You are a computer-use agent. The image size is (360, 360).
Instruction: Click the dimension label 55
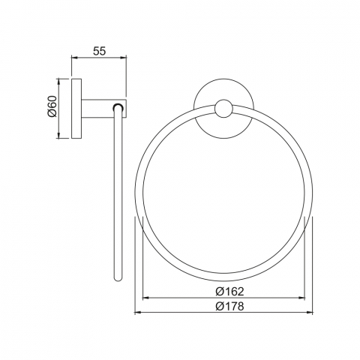pyautogui.click(x=100, y=51)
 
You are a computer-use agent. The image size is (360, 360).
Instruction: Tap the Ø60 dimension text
pyautogui.click(x=52, y=106)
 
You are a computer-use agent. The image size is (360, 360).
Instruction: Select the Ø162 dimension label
pyautogui.click(x=229, y=292)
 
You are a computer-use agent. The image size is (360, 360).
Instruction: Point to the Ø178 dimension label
pyautogui.click(x=229, y=306)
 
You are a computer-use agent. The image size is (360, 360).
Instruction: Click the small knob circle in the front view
pyautogui.click(x=223, y=109)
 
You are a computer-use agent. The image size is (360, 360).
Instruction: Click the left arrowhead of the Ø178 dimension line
pyautogui.click(x=138, y=312)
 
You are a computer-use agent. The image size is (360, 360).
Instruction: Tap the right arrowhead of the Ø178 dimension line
pyautogui.click(x=310, y=312)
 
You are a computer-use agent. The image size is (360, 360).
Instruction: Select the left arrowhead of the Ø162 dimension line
pyautogui.click(x=145, y=298)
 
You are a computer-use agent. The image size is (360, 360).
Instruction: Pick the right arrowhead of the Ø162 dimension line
pyautogui.click(x=301, y=298)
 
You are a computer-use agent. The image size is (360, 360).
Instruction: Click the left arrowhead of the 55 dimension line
pyautogui.click(x=75, y=58)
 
